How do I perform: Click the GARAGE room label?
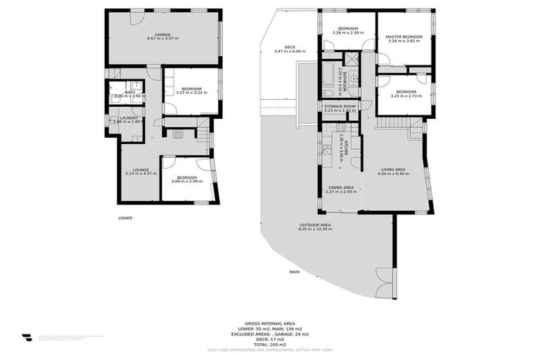(162, 33)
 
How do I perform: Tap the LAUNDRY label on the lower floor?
(128, 117)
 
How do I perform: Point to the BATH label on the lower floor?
(130, 91)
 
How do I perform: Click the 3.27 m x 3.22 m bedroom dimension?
(192, 93)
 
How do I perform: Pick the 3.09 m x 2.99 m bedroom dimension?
(186, 181)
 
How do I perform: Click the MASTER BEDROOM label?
(404, 36)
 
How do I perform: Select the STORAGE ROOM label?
(340, 105)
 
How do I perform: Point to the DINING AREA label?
(340, 187)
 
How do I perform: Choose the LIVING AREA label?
(393, 169)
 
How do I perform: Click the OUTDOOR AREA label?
(314, 225)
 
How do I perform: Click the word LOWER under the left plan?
(125, 218)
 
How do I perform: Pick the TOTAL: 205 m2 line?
(270, 345)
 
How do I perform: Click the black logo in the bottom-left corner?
(26, 337)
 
